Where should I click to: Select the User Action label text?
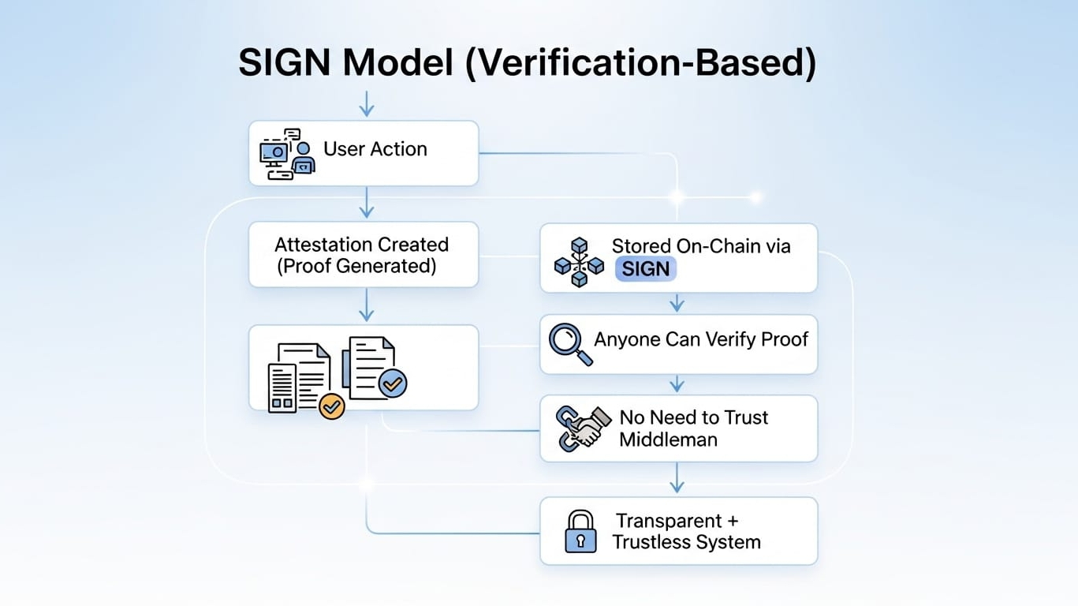tap(375, 149)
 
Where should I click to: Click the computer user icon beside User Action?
tap(288, 153)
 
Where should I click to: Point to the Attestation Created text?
tap(361, 245)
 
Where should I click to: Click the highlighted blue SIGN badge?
tap(646, 269)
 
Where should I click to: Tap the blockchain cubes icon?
tap(579, 261)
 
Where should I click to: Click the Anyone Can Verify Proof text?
tap(701, 339)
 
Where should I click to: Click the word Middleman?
tap(668, 440)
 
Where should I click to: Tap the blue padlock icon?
tap(580, 531)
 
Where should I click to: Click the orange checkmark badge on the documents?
tap(332, 406)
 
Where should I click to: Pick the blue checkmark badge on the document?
tap(392, 383)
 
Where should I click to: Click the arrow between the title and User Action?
tap(367, 103)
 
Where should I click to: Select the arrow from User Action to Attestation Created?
tap(367, 203)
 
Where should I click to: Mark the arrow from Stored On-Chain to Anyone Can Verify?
tap(677, 303)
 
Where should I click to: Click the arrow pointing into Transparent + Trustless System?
tap(677, 478)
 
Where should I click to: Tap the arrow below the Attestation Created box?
tap(367, 305)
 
